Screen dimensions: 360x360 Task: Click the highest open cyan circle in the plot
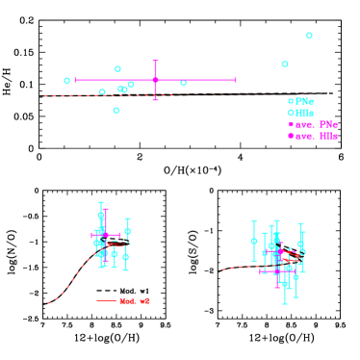click(x=309, y=36)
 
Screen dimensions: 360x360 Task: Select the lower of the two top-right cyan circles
click(x=285, y=64)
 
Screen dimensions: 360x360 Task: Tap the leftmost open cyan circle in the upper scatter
click(x=67, y=81)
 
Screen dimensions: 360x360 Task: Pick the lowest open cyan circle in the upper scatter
click(x=116, y=111)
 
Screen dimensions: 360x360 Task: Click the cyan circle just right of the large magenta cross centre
click(x=183, y=83)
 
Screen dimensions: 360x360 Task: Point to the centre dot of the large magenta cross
click(x=155, y=80)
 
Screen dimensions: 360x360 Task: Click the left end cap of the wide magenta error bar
click(x=75, y=80)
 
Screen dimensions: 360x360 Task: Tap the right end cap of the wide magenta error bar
click(x=235, y=80)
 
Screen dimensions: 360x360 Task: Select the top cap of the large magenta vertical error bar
click(x=155, y=61)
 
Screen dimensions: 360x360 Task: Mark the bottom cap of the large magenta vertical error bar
click(x=155, y=99)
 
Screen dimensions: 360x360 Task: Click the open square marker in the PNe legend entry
click(x=291, y=101)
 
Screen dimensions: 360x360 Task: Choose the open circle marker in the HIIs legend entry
click(x=291, y=113)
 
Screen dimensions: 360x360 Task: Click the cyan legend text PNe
click(x=305, y=101)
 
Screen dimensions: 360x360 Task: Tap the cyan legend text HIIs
click(x=305, y=113)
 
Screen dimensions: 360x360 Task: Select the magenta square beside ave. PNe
click(x=291, y=124)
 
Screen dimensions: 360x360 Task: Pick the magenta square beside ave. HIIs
click(x=291, y=136)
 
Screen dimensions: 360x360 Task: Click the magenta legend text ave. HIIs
click(x=317, y=136)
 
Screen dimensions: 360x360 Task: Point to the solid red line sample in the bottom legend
click(x=106, y=300)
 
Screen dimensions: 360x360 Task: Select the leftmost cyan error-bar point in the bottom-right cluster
click(x=254, y=241)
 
